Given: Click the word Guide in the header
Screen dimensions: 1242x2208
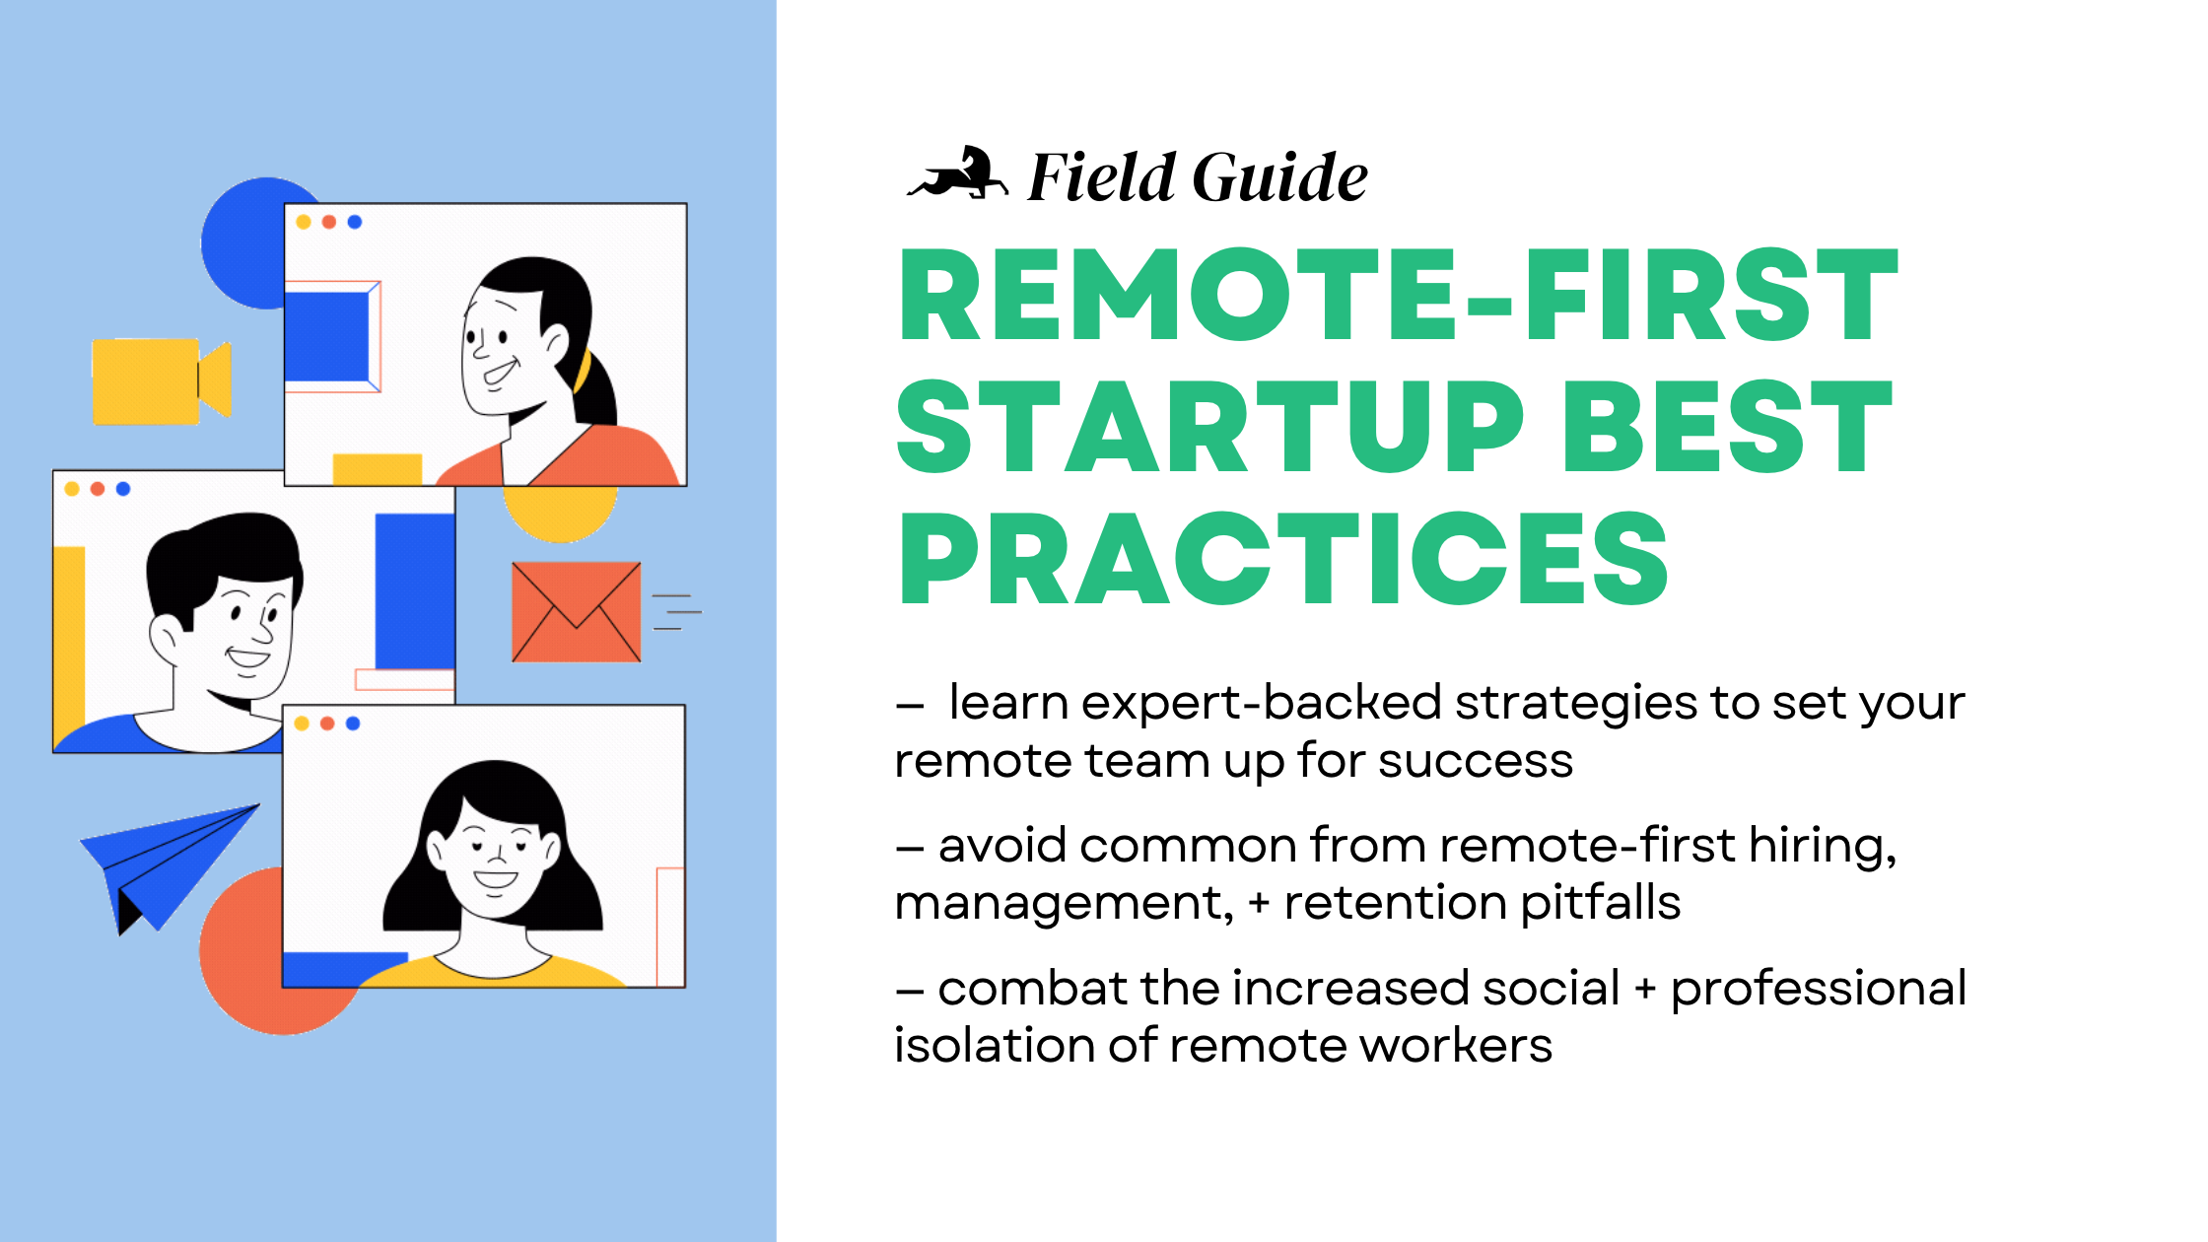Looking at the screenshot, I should click(x=1280, y=178).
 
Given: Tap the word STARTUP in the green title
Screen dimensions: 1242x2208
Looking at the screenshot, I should click(x=1209, y=428).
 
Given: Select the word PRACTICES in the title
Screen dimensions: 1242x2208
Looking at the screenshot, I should click(x=1282, y=560).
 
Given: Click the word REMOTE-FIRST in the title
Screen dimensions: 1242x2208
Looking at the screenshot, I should click(x=1398, y=295).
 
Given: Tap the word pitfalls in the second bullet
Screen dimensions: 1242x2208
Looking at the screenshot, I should click(x=1600, y=903).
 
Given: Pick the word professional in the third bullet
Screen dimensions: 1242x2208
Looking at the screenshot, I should click(x=1819, y=989).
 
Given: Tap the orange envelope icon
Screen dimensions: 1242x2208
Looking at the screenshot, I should click(x=576, y=612).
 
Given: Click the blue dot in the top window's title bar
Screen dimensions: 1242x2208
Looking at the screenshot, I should click(x=355, y=222).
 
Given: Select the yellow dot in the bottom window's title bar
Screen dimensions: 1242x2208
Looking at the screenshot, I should click(x=302, y=724).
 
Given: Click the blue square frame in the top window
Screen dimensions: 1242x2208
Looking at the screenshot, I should click(x=328, y=336).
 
